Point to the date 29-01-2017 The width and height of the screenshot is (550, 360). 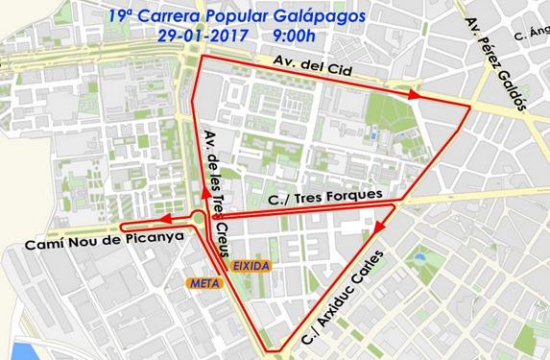203,37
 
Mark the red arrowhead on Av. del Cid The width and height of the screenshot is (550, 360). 414,95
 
